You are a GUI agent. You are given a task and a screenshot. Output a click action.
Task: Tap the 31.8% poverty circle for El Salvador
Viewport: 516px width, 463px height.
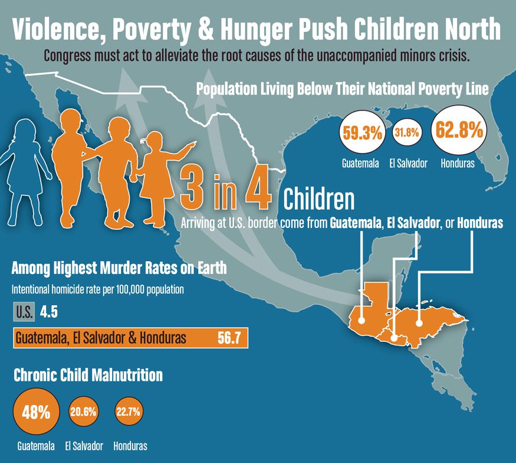click(406, 133)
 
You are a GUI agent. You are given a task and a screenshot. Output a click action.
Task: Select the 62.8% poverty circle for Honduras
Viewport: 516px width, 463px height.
click(457, 131)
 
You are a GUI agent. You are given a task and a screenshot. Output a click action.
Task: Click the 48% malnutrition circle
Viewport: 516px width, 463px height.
click(35, 412)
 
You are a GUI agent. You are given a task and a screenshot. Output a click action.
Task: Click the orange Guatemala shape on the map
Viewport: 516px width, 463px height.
click(369, 307)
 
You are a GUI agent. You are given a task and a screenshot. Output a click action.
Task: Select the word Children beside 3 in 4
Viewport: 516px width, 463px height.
click(319, 200)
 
